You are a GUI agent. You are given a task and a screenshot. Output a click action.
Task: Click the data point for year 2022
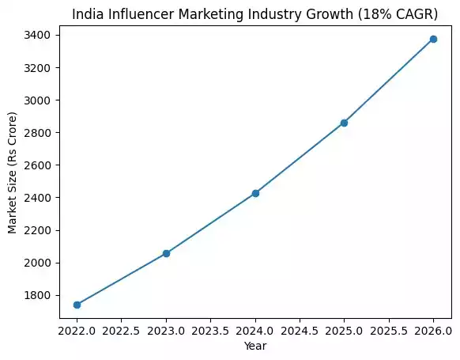[x=77, y=305]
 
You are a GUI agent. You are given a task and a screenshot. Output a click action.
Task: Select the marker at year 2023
[x=166, y=253]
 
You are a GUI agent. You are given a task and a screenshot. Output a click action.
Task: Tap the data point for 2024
[x=255, y=193]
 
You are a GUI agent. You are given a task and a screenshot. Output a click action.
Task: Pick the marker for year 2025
[x=344, y=123]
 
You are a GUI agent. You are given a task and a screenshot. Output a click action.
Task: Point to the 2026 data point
[x=433, y=39]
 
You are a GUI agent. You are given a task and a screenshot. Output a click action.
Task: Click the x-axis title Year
[x=255, y=345]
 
